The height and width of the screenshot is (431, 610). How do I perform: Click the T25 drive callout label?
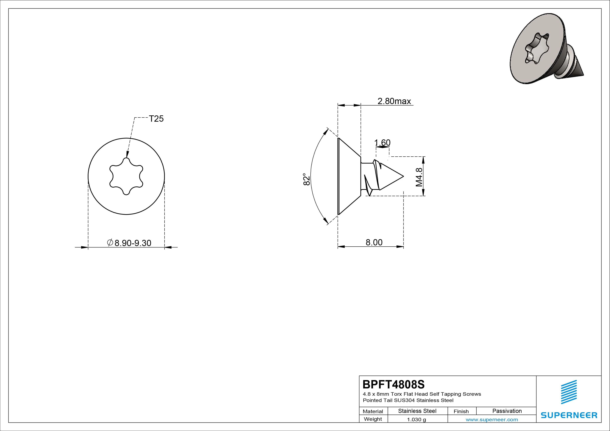[x=156, y=119]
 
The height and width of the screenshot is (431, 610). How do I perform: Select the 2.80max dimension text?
[x=394, y=101]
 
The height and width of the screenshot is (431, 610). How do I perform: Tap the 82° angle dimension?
[x=307, y=180]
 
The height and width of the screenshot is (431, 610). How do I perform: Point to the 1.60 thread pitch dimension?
[x=382, y=143]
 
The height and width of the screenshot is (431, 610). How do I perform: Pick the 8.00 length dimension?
[x=374, y=242]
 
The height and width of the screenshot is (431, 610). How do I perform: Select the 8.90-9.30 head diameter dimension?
[x=129, y=243]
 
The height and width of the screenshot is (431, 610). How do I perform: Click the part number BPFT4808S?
[x=394, y=384]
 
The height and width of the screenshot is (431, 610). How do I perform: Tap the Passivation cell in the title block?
[x=507, y=411]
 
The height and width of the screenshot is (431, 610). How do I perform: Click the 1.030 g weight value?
[x=416, y=420]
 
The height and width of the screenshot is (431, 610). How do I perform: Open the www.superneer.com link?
[x=492, y=420]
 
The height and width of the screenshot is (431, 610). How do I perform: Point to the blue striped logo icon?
[x=569, y=392]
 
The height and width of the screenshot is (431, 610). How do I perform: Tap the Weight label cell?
[x=373, y=419]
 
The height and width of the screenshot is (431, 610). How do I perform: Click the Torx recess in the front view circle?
[x=126, y=176]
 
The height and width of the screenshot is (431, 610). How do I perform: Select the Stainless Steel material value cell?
[x=417, y=411]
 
